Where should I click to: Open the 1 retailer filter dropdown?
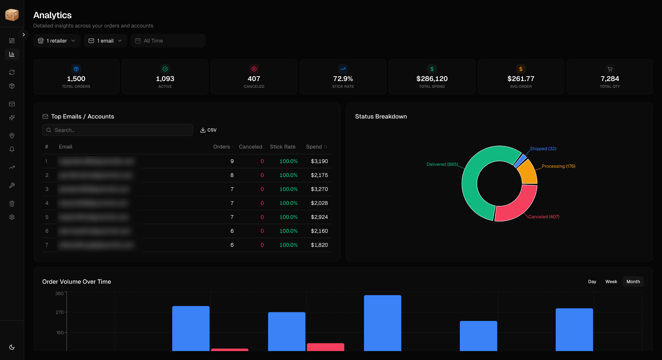(57, 41)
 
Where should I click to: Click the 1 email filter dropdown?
(105, 41)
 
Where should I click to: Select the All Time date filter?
(168, 41)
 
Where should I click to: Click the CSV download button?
(208, 130)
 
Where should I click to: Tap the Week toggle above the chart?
(611, 282)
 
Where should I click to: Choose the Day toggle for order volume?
(592, 282)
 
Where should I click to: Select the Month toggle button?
(633, 282)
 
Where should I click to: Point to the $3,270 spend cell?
(319, 189)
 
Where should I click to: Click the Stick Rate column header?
(283, 147)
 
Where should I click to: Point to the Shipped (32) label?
(543, 149)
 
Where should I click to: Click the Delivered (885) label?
(442, 164)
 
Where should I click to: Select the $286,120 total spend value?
(432, 79)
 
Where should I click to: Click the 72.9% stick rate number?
(343, 79)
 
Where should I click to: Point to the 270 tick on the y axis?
(60, 312)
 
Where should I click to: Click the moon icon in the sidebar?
(12, 347)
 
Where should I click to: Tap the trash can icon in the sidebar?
(12, 203)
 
